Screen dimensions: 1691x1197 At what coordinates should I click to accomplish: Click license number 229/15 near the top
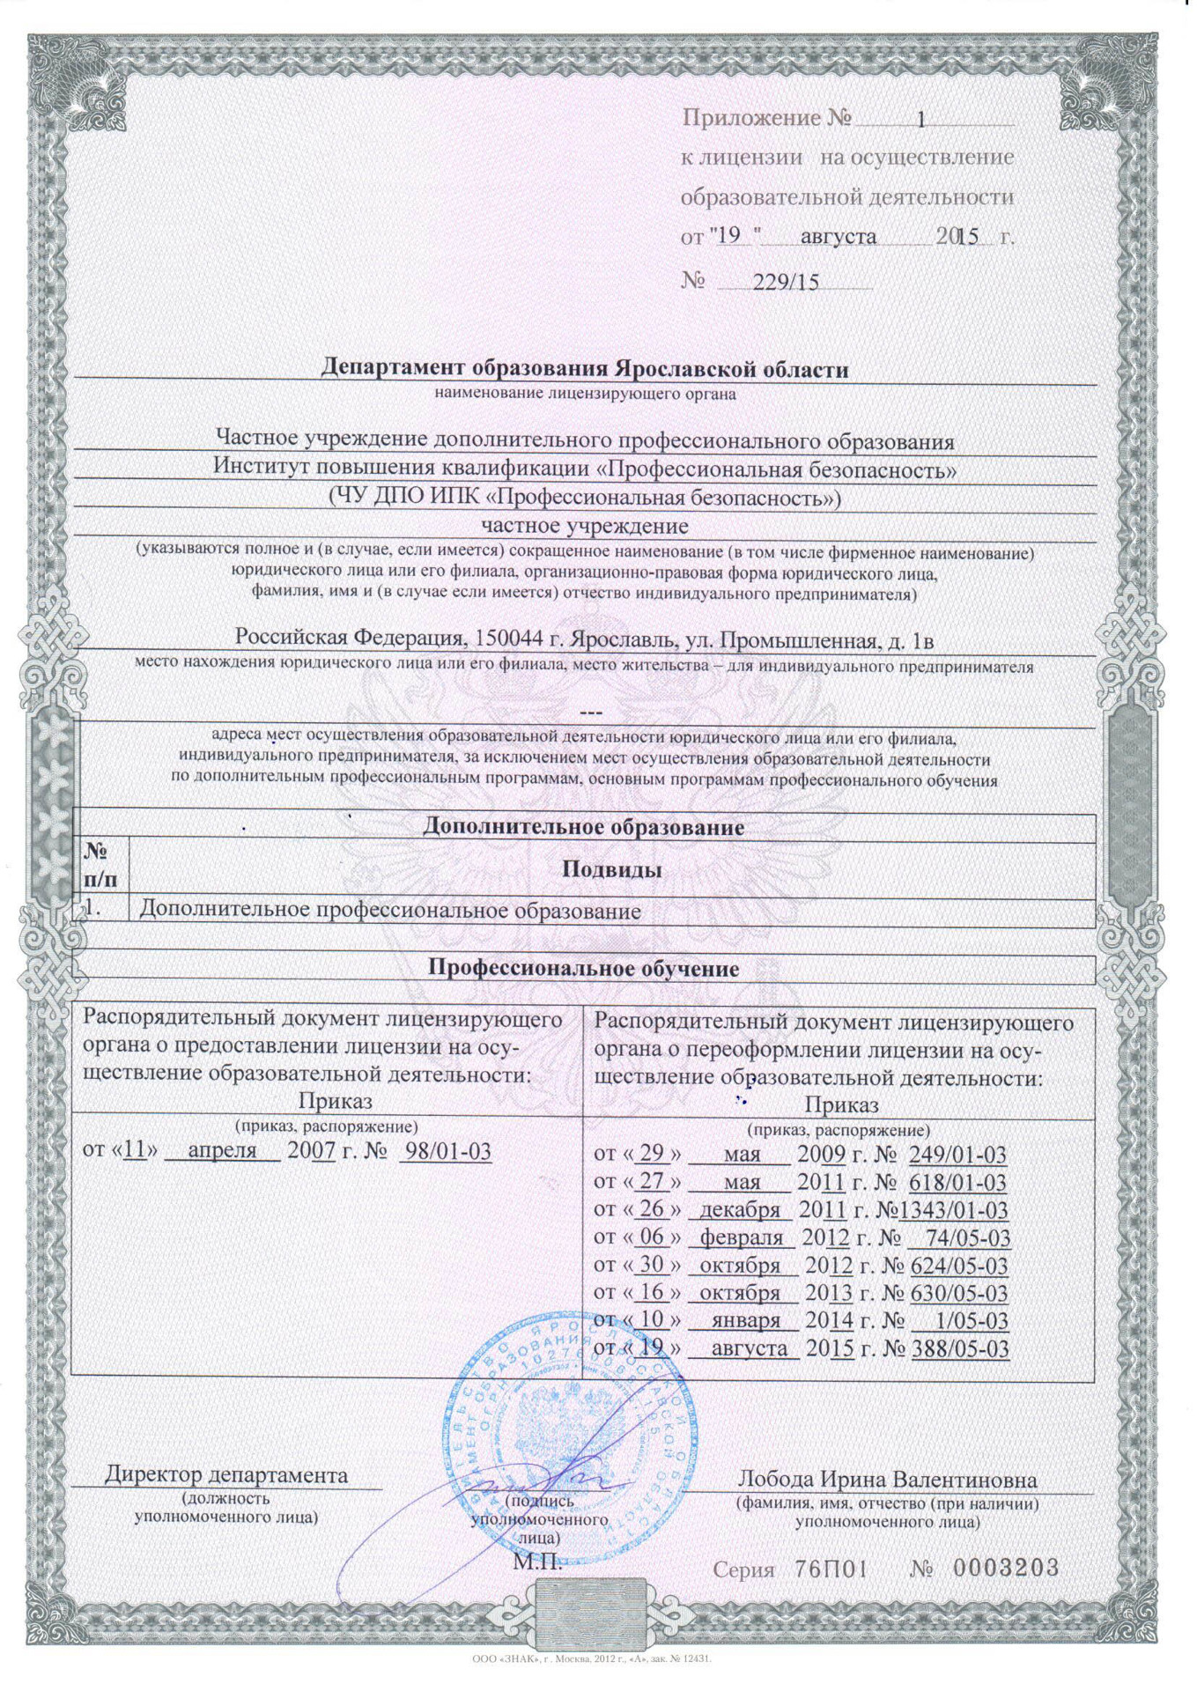click(786, 282)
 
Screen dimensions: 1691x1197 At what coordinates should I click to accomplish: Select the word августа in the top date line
click(839, 236)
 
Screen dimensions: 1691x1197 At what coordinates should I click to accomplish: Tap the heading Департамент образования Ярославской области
click(584, 368)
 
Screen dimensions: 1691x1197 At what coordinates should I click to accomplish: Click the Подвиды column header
click(612, 870)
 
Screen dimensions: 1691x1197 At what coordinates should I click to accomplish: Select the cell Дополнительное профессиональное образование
click(390, 910)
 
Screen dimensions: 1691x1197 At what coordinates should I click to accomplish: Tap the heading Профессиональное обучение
click(583, 969)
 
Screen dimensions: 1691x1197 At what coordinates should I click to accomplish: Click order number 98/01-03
click(446, 1150)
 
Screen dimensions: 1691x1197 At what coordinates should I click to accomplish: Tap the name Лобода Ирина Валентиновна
click(887, 1479)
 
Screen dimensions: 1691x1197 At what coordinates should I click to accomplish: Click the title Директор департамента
click(226, 1474)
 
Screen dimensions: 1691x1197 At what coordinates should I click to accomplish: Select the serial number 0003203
click(1006, 1569)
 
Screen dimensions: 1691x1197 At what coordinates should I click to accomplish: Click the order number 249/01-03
click(957, 1155)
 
